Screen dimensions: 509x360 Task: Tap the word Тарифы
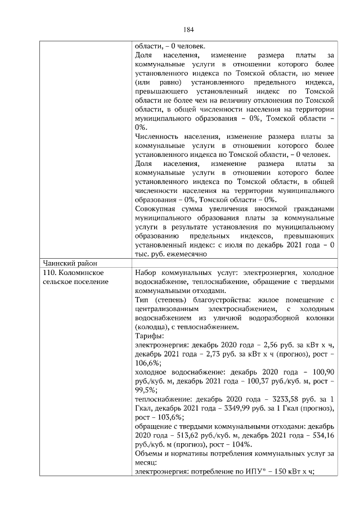[149, 336]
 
